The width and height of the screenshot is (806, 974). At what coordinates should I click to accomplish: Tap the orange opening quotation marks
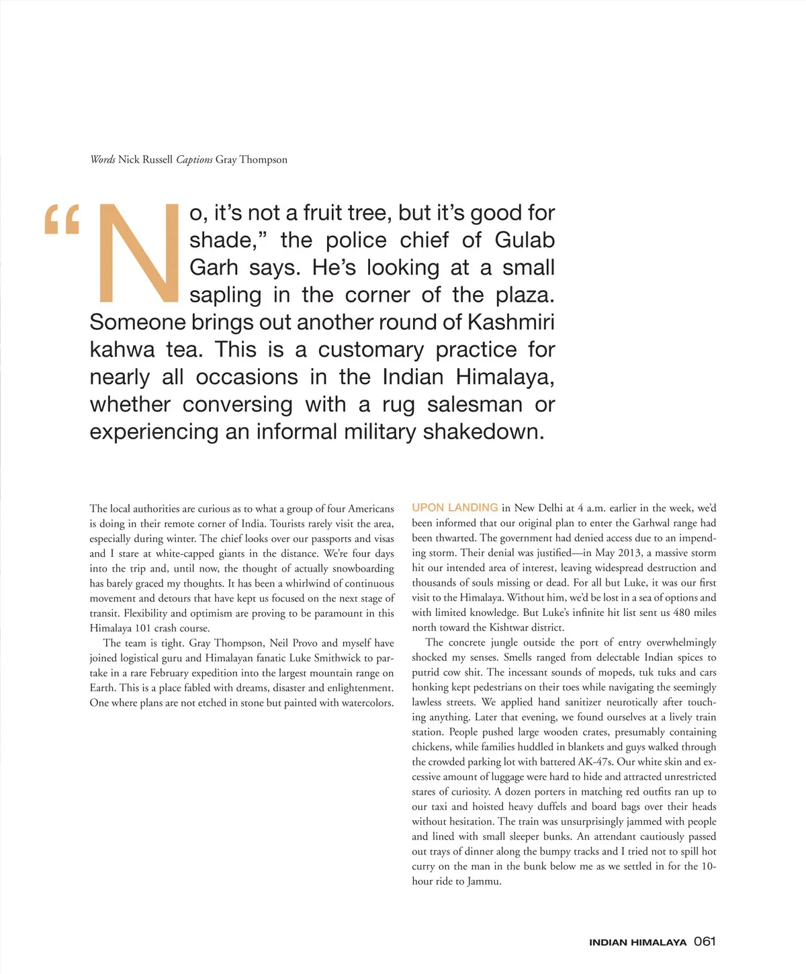pos(62,220)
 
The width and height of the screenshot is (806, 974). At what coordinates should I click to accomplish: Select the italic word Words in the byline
pos(103,160)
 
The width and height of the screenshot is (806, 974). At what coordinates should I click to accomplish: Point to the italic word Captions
pos(194,160)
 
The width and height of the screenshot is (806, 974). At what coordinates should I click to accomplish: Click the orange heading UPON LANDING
pos(455,508)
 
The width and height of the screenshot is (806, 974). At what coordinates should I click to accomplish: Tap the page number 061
pos(705,942)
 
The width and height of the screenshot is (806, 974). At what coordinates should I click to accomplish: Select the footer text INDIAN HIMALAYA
pos(637,942)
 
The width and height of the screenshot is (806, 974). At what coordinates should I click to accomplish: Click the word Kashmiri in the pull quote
pos(510,322)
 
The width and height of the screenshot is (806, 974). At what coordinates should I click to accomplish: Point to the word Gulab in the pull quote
pos(525,240)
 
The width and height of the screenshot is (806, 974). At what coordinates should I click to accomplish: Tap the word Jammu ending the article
pos(484,881)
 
